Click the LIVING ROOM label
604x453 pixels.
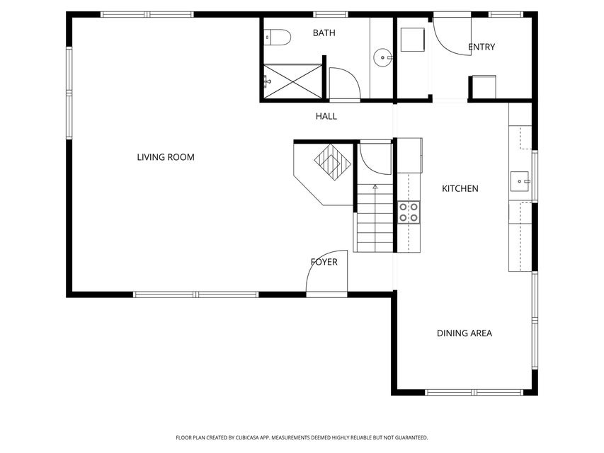point(166,157)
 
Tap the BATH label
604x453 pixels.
point(324,33)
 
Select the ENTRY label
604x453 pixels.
point(482,47)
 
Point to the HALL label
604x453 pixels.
point(326,116)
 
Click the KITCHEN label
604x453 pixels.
point(460,188)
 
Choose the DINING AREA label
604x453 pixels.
point(464,333)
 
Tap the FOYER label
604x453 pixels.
point(324,262)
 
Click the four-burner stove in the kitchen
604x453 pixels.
point(409,212)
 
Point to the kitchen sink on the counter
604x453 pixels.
point(520,181)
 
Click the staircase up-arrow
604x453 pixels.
point(375,187)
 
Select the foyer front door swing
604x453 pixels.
point(328,273)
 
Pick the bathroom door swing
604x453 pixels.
point(345,83)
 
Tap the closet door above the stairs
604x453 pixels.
point(375,157)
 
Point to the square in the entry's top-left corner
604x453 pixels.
point(412,39)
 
